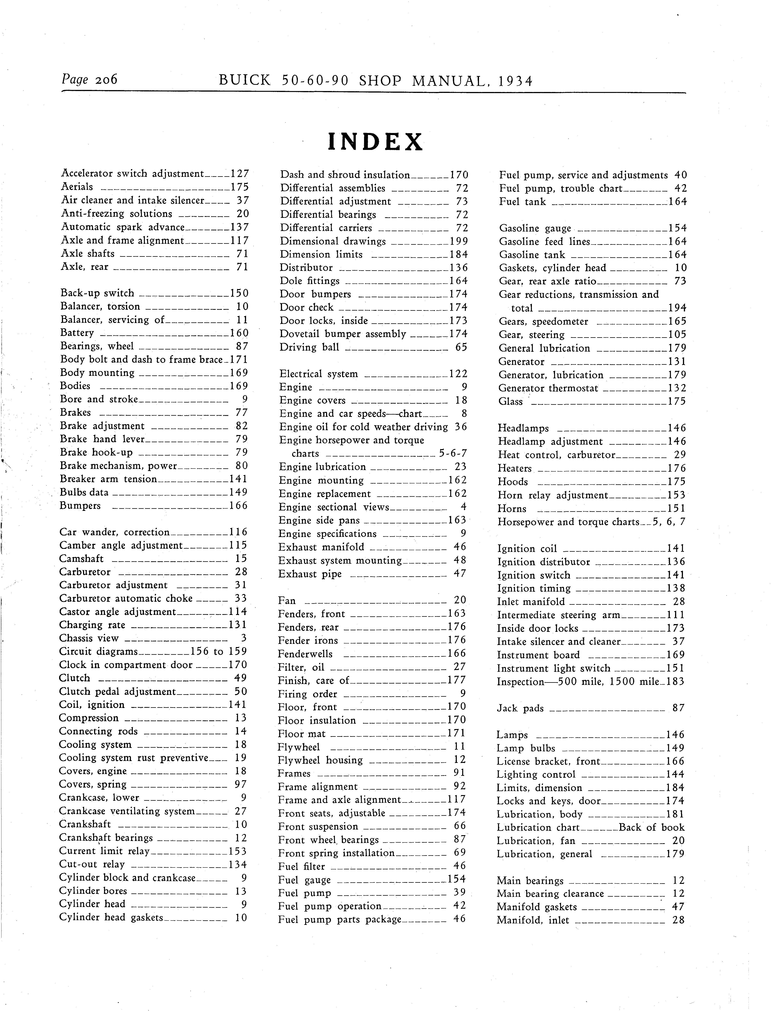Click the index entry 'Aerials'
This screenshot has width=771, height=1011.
click(77, 187)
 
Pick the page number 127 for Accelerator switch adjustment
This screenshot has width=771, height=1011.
click(240, 173)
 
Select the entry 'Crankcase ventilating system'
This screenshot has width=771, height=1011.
click(127, 811)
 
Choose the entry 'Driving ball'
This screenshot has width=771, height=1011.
click(309, 347)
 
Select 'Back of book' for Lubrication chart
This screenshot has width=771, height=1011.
click(652, 828)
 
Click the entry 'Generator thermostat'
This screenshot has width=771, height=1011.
click(548, 388)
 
